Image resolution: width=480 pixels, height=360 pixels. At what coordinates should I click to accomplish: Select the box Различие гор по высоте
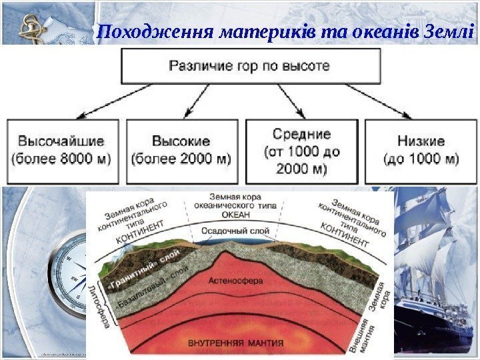pos(249,67)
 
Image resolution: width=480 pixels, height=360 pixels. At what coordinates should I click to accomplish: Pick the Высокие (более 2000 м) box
pos(181,151)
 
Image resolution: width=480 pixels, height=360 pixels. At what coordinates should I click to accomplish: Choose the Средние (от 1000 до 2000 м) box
pos(301,151)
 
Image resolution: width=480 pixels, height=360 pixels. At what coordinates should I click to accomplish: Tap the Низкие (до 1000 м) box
pos(421,151)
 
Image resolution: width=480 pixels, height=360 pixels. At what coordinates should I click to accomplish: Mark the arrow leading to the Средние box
pos(291,103)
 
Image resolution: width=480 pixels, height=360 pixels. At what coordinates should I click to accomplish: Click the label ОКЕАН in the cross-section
pos(237,215)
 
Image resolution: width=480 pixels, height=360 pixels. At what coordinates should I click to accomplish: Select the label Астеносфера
pos(235,281)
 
